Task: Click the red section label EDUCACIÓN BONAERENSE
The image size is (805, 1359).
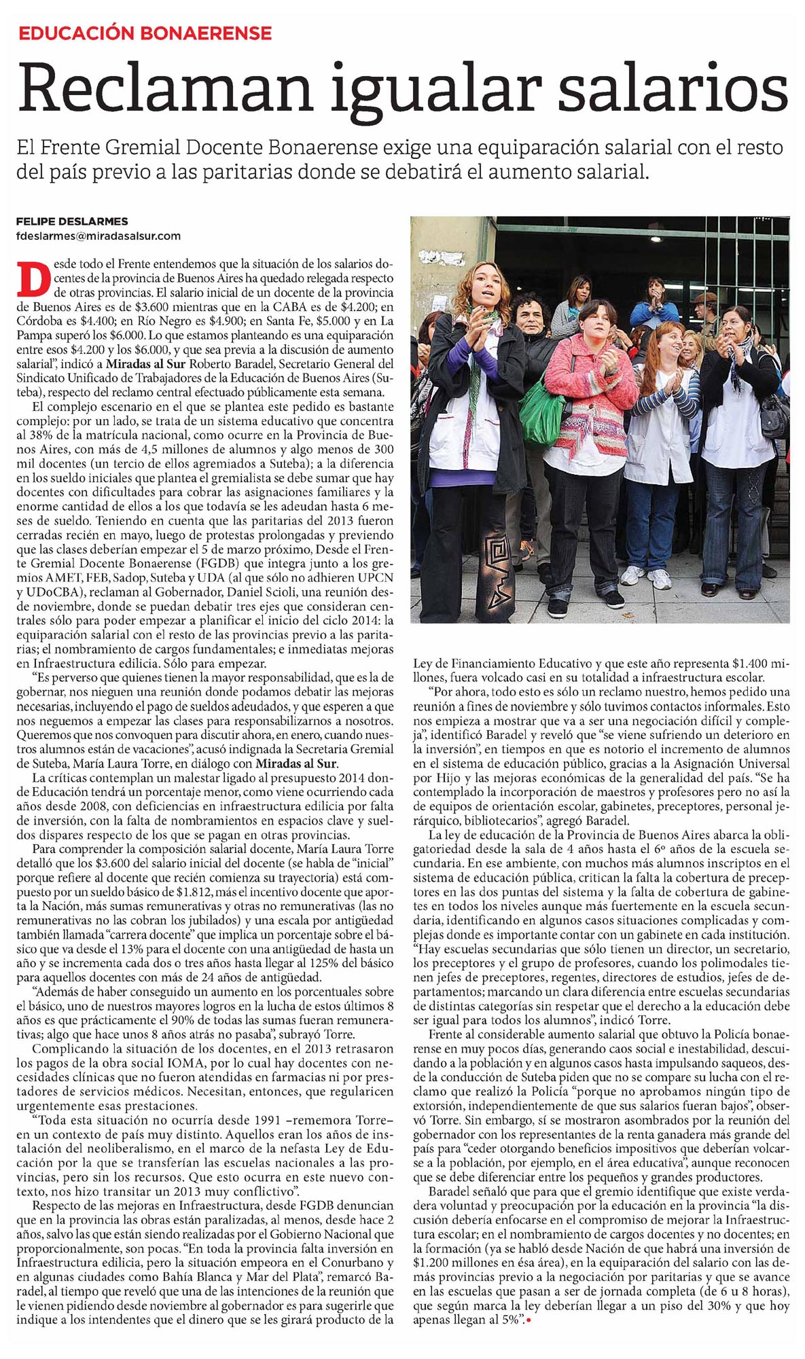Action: click(145, 33)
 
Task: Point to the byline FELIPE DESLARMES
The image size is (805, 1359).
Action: click(72, 221)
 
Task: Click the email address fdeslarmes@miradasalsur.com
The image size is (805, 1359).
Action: click(99, 236)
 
